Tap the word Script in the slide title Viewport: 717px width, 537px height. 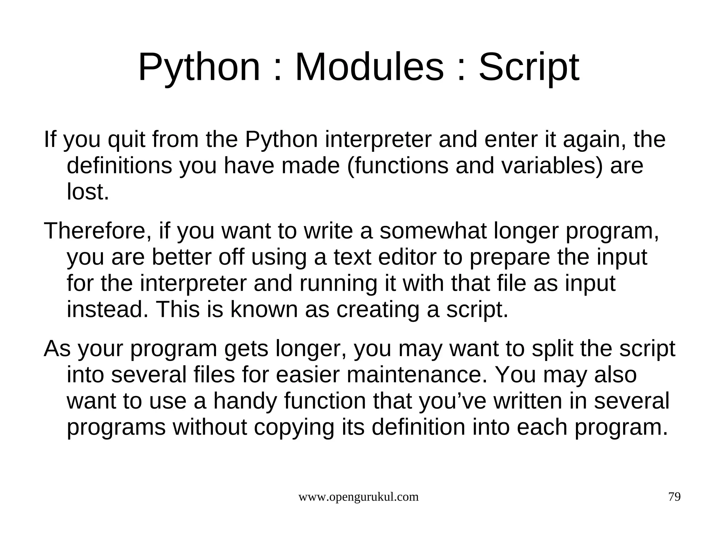(529, 68)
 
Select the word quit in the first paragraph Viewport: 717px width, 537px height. (127, 140)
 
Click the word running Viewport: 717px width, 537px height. (338, 284)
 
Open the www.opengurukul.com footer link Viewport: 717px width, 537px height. (358, 497)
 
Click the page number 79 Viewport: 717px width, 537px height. (674, 497)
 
